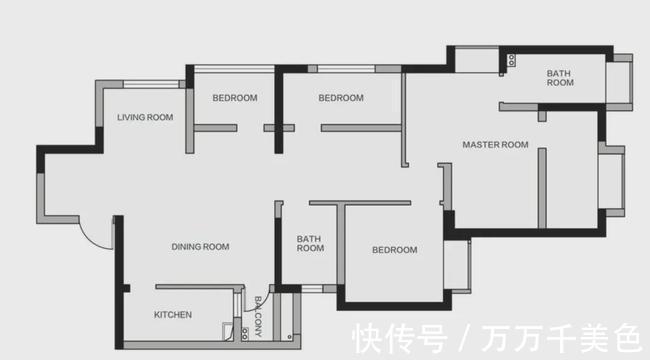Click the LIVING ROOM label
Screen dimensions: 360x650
145,117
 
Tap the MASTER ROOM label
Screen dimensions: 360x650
495,144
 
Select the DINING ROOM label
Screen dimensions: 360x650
200,247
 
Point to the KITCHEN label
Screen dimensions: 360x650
172,315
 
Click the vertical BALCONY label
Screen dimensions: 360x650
258,316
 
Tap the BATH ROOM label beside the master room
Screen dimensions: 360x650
560,78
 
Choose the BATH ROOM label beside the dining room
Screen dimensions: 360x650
310,243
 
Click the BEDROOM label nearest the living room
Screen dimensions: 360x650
235,98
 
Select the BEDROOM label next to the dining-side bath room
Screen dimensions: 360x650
394,250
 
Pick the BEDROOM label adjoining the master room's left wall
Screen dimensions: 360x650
341,98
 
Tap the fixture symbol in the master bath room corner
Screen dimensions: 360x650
511,60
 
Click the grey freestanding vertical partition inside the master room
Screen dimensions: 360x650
542,188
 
